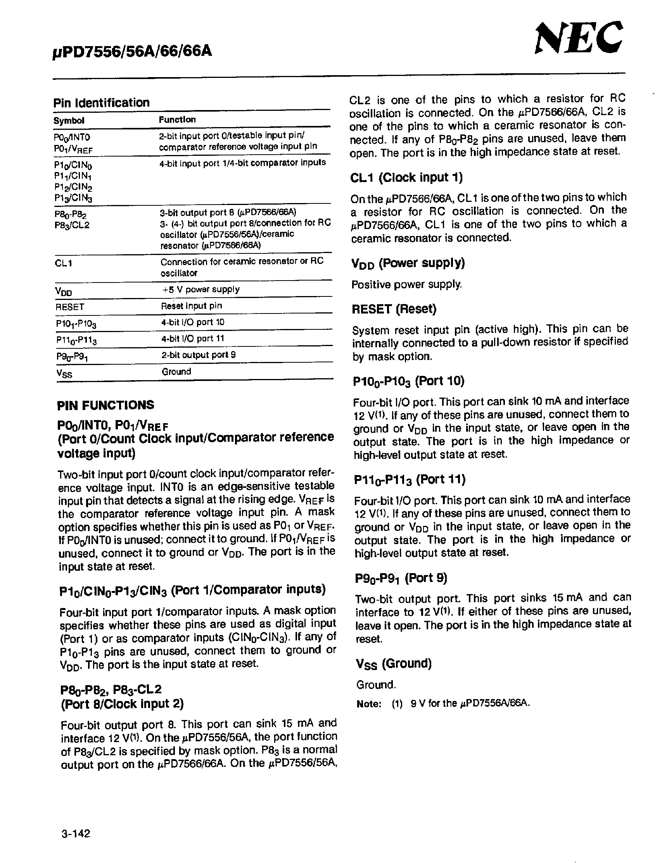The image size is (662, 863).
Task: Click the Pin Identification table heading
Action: (x=101, y=103)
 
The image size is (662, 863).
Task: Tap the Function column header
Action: (x=177, y=119)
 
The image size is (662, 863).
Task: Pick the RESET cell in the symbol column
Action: (x=70, y=307)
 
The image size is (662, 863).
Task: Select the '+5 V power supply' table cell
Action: (x=201, y=289)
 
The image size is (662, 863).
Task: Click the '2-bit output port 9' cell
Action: (x=198, y=355)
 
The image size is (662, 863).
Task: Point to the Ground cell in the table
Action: (x=176, y=371)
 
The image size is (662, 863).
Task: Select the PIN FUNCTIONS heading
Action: (x=105, y=405)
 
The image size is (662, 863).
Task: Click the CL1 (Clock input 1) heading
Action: (x=406, y=178)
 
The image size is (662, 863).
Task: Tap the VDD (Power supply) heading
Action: (x=408, y=263)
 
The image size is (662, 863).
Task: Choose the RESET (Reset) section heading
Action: (x=394, y=309)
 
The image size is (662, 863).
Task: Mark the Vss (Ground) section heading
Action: (x=394, y=664)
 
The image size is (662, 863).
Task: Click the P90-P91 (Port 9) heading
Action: (x=401, y=578)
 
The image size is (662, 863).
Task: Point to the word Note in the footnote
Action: (x=368, y=704)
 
